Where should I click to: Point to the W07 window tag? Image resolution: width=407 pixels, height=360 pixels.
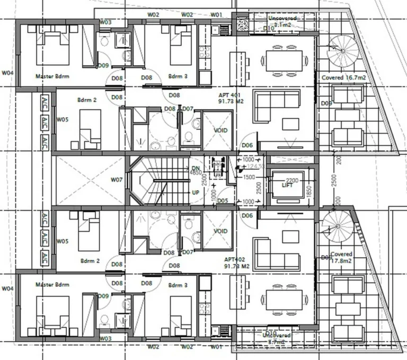117,180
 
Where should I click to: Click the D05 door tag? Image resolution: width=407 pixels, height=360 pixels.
222,201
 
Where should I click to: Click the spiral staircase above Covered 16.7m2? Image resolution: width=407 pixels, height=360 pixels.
342,52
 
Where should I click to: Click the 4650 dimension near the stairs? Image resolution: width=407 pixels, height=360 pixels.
195,173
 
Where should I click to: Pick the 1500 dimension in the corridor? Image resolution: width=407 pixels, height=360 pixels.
249,177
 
